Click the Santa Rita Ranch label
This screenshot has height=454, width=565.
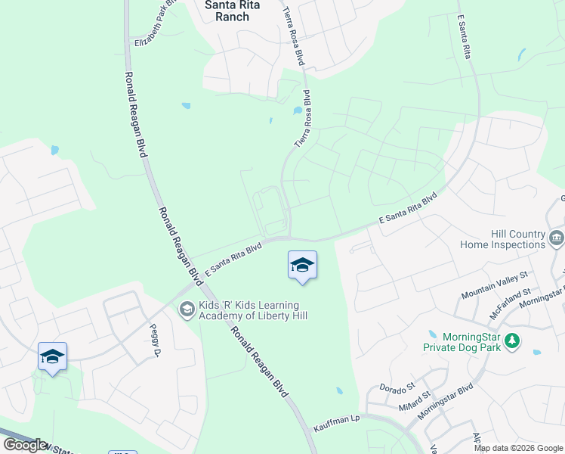(227, 10)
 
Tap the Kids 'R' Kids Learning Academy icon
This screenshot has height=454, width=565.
(187, 309)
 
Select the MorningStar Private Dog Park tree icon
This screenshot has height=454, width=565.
(513, 341)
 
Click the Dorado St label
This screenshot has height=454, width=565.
(398, 388)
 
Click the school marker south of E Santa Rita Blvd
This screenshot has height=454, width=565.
(302, 266)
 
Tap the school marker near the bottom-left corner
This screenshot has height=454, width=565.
(52, 356)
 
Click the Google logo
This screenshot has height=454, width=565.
(25, 445)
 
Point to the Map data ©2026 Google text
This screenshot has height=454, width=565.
(517, 448)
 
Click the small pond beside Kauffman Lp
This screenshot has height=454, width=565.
(339, 391)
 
